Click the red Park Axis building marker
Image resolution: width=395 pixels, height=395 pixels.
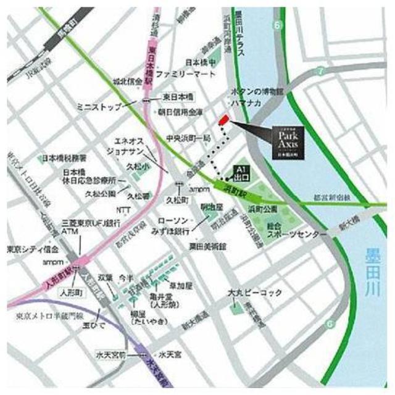223,119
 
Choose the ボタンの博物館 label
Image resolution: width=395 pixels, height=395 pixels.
257,91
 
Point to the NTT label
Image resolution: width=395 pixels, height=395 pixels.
123,210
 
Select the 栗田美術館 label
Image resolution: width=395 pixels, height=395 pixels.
208,245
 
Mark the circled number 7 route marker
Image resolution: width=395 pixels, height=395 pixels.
320,72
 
